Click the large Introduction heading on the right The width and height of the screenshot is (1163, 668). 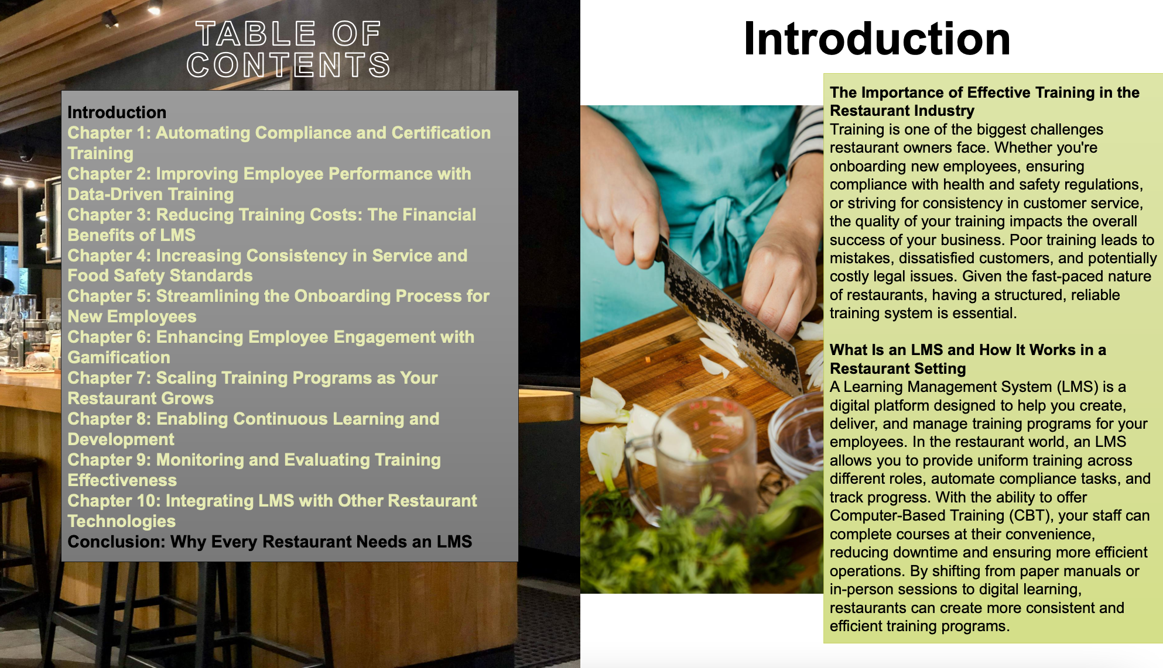[877, 39]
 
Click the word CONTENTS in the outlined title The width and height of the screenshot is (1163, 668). [288, 65]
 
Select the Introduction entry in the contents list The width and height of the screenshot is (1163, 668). [117, 112]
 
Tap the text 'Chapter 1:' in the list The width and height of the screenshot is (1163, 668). [109, 133]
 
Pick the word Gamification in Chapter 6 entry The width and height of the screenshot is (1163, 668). [119, 357]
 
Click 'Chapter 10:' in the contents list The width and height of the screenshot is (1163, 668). [114, 501]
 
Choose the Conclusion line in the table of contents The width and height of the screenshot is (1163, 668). [270, 542]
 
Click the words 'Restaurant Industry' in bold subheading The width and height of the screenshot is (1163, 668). [902, 111]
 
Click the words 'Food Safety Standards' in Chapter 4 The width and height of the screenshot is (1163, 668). [160, 276]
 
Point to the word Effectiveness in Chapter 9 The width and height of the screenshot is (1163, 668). [122, 480]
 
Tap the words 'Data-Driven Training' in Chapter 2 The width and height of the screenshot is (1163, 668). [150, 194]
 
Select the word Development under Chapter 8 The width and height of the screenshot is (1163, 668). [121, 439]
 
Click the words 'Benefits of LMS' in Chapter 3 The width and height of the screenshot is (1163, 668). [132, 235]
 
